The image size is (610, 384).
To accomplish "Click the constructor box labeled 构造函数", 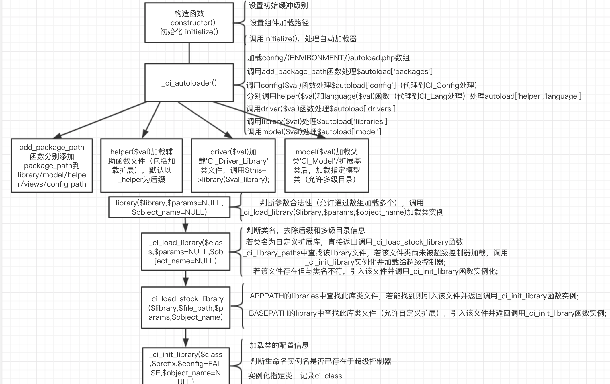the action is (x=189, y=23).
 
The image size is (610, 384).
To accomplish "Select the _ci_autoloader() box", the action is (x=189, y=83).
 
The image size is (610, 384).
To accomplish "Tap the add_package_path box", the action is (x=52, y=166).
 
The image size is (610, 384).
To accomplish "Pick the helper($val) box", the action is (x=142, y=166).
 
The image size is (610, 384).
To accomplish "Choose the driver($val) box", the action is (x=233, y=166).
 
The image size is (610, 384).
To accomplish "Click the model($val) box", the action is (x=327, y=166).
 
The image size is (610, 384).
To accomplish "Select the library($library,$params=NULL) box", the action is (x=169, y=207).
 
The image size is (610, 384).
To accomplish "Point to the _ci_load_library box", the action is (x=186, y=252).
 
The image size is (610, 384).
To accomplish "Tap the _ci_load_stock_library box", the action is (x=186, y=308).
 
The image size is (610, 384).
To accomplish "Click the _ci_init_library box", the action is (x=186, y=366).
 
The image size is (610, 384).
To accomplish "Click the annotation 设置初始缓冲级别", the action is (x=278, y=5).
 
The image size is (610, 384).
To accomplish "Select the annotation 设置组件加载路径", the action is (x=279, y=23).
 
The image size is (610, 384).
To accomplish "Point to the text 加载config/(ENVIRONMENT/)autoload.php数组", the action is (x=329, y=58).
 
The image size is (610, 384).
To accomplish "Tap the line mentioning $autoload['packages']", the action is (x=340, y=71).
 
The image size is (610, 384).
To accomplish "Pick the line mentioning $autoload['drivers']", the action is (x=321, y=109).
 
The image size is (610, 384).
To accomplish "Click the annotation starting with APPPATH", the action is (x=414, y=296).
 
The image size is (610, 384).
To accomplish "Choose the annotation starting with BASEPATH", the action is (x=428, y=313).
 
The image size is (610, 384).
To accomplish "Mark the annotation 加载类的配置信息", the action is (x=279, y=345).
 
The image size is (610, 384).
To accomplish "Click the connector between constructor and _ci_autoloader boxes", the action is (x=189, y=53).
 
